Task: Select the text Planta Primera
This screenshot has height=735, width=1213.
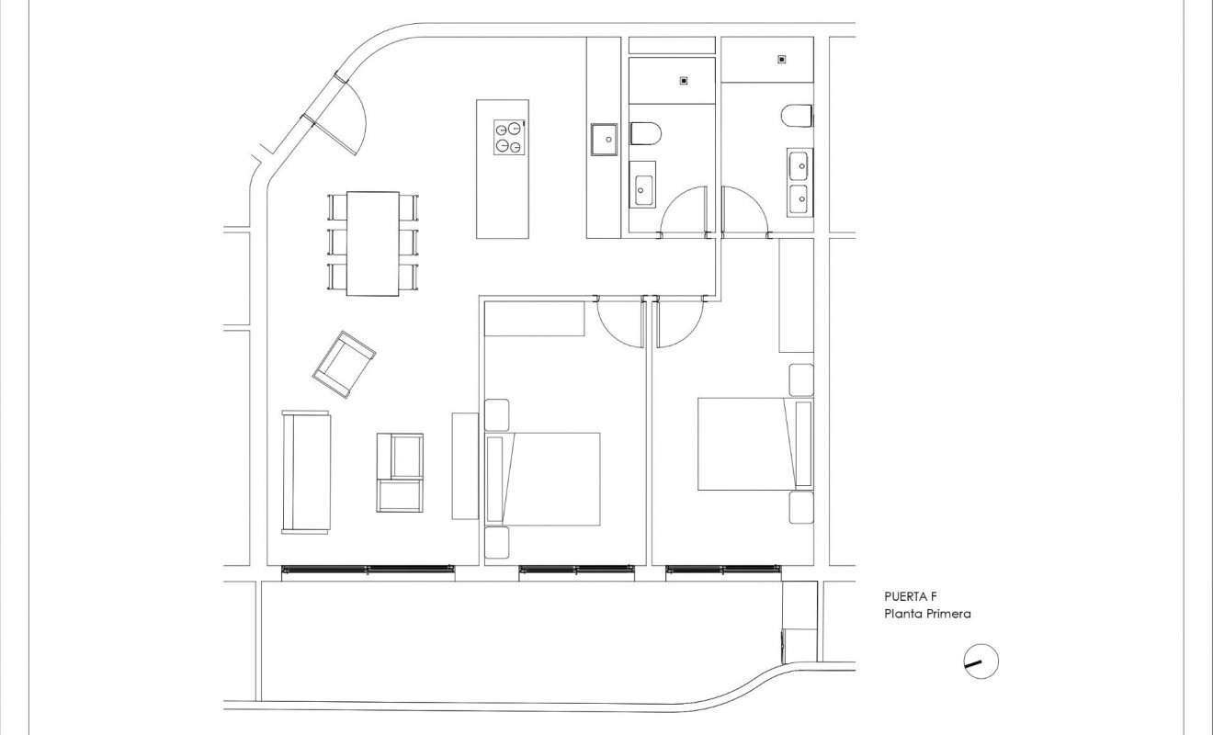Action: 926,614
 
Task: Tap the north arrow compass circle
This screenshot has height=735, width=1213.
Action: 981,661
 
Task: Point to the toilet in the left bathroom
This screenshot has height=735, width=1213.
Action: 645,134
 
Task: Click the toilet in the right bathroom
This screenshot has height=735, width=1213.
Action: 797,116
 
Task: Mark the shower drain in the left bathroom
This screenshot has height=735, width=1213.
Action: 683,81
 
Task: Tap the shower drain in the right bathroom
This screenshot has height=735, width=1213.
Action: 781,60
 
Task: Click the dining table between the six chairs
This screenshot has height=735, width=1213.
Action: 372,243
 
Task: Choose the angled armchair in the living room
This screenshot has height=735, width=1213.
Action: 345,364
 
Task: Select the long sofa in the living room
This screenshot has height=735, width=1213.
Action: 305,471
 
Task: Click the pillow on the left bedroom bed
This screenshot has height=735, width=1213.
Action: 495,479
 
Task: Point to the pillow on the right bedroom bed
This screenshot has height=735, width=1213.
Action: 802,444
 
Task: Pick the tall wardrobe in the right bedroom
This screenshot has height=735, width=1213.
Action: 796,295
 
